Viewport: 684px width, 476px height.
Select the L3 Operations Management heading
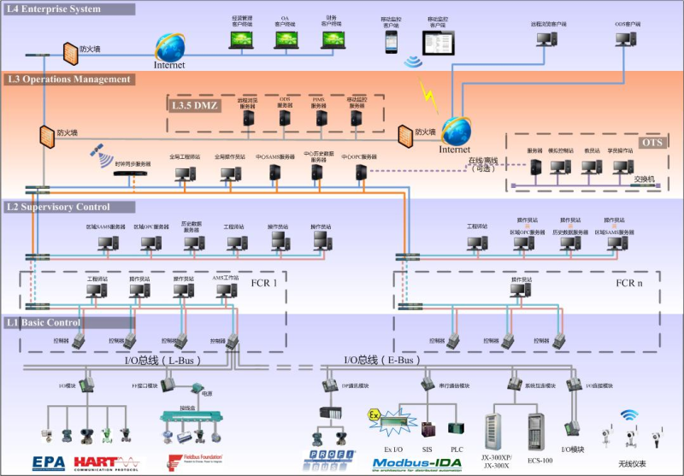[68, 79]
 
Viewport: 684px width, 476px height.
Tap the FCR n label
[628, 283]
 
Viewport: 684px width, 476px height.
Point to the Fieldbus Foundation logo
[183, 462]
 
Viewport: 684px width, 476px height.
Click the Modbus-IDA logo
[417, 464]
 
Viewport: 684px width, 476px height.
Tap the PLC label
[457, 447]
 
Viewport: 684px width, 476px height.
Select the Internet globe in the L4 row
[169, 46]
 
